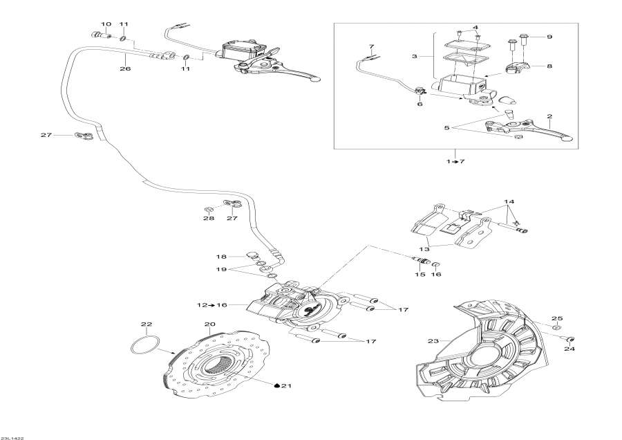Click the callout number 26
pyautogui.click(x=125, y=68)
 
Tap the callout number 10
pyautogui.click(x=106, y=24)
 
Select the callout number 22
pyautogui.click(x=146, y=324)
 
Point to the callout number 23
pyautogui.click(x=433, y=340)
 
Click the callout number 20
pyautogui.click(x=209, y=324)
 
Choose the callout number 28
pyautogui.click(x=209, y=218)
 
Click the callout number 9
pyautogui.click(x=550, y=37)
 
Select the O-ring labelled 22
pyautogui.click(x=145, y=345)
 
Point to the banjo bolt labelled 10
pyautogui.click(x=97, y=35)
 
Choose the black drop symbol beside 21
pyautogui.click(x=276, y=385)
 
